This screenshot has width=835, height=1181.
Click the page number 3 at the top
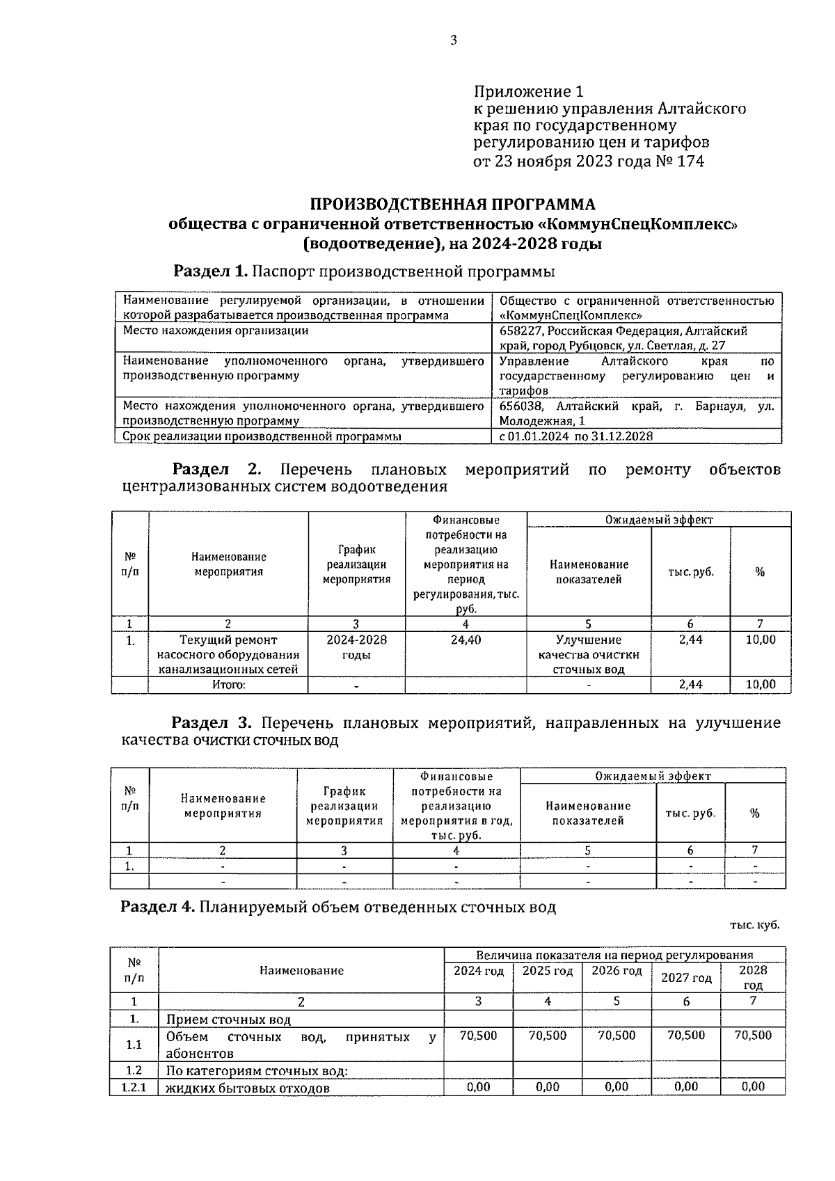coord(453,40)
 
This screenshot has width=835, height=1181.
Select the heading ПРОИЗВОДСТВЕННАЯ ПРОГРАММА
coord(452,205)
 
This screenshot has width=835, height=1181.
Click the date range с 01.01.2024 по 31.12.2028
coord(576,436)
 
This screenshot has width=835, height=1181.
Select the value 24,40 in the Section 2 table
coord(466,640)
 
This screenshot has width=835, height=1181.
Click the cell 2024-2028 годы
coord(356,647)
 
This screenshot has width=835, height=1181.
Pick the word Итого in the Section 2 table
coord(228,685)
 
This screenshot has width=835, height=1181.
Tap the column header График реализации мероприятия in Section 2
coord(356,564)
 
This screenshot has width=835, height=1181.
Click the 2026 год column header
coord(617,971)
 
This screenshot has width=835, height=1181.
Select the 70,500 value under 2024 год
coord(478,1036)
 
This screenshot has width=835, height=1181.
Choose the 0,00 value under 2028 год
coord(753,1086)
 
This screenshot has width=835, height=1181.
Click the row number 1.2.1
coord(134,1087)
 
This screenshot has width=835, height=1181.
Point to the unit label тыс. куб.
coord(755,925)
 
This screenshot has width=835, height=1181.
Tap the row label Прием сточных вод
coord(228,1020)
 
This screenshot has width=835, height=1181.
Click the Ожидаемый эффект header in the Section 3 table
coord(653,776)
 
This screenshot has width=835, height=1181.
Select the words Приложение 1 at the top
coord(528,92)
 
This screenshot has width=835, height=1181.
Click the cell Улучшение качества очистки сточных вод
coord(589,654)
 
